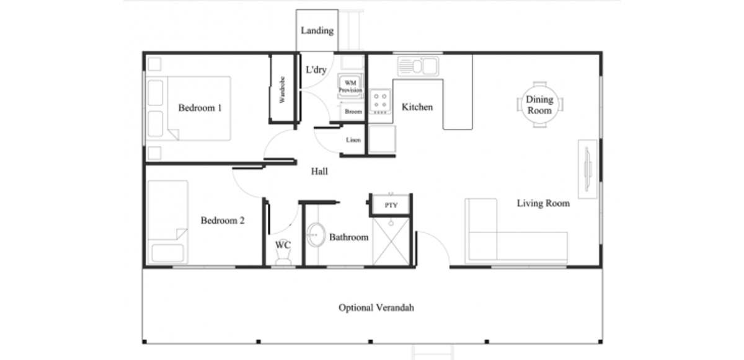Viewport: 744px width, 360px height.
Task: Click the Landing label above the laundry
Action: tap(317, 30)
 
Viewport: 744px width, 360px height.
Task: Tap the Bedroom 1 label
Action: tap(200, 108)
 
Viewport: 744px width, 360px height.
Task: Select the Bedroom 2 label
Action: tap(223, 221)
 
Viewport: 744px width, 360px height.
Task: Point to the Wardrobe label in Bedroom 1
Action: tap(282, 90)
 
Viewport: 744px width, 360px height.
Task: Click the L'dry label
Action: tap(316, 69)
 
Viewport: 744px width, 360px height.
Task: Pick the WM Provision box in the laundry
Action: tap(350, 86)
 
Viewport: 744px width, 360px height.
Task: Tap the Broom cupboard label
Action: tap(353, 112)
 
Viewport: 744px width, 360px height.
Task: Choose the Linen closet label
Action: tap(353, 140)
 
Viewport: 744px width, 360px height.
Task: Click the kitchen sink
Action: tap(418, 66)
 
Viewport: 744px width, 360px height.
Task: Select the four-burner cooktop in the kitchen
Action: tap(380, 102)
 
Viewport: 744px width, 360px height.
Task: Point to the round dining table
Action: tap(540, 105)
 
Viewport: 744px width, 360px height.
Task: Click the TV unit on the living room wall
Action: tap(587, 169)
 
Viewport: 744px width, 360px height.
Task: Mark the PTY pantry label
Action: tap(391, 205)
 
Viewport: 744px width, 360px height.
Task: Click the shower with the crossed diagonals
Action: tap(391, 242)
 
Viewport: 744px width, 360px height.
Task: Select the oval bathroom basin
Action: tap(316, 235)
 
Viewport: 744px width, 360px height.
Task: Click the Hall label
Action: tap(319, 172)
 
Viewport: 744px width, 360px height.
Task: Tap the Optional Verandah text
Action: tap(376, 308)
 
